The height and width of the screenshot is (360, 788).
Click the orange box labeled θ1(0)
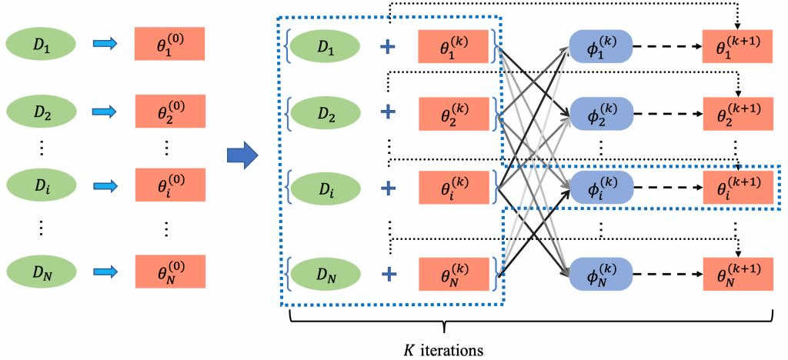169,44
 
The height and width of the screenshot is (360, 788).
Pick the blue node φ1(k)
600,48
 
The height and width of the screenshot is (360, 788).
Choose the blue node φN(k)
600,273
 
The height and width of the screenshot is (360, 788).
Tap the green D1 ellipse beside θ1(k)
326,48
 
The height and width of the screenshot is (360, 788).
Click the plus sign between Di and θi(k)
390,187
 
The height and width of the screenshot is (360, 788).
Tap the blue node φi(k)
600,187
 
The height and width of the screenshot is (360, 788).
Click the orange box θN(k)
453,273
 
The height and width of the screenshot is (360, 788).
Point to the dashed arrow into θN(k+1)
666,273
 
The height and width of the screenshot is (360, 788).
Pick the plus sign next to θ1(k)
390,48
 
